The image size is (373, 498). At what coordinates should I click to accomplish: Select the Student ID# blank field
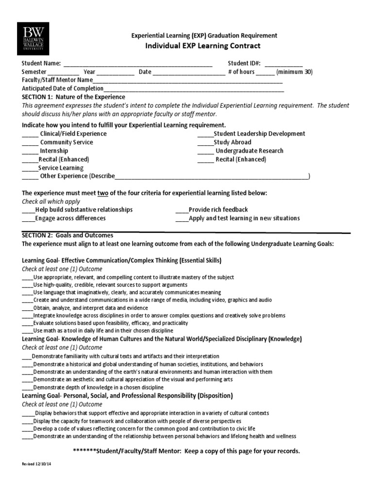(283, 64)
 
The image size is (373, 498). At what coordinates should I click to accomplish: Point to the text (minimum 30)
(294, 72)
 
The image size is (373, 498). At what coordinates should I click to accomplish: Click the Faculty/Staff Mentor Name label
(57, 80)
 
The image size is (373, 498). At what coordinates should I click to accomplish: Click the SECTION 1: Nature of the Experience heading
(73, 97)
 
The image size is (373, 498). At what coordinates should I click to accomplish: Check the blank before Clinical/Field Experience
(30, 134)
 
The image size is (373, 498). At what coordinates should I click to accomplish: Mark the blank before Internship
(30, 151)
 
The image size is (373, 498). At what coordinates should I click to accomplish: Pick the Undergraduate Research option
(249, 151)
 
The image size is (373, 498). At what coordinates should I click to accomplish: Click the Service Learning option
(61, 168)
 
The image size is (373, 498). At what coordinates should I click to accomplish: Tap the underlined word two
(103, 193)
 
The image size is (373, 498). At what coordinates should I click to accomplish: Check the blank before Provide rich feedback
(182, 210)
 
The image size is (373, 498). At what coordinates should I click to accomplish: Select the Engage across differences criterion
(70, 218)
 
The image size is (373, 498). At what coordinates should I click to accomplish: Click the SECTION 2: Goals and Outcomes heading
(68, 235)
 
